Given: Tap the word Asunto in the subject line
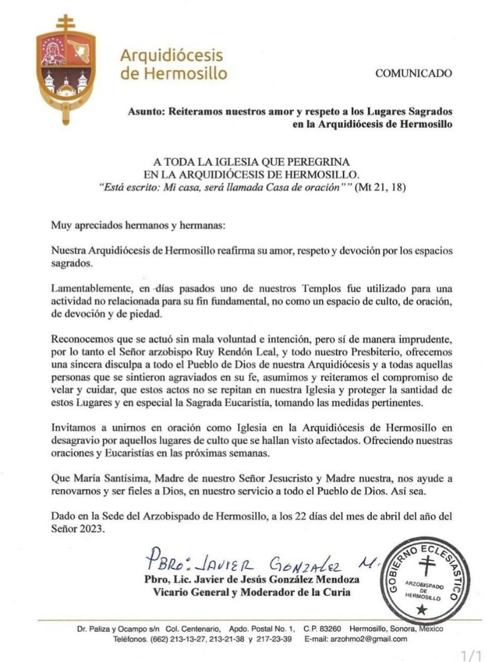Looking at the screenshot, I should [146, 111].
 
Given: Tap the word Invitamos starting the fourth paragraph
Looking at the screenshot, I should [75, 428].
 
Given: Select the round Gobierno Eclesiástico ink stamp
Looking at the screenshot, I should [423, 579].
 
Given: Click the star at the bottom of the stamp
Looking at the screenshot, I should [422, 608].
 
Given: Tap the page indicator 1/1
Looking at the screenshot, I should [472, 656].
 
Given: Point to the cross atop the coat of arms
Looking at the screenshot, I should [66, 23].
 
